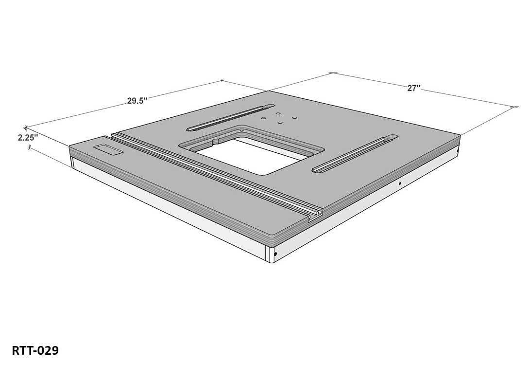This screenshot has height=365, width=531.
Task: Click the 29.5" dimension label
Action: (x=137, y=101)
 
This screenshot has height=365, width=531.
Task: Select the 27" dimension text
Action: (x=413, y=88)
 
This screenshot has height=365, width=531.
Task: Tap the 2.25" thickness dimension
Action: (x=28, y=138)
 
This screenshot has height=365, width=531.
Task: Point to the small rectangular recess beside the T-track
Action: (x=108, y=149)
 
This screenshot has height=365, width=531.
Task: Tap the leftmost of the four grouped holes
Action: (x=263, y=117)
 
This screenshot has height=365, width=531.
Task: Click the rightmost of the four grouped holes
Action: (x=294, y=117)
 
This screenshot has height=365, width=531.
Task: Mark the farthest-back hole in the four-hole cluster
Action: (x=278, y=113)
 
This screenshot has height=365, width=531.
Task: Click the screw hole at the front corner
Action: (x=275, y=254)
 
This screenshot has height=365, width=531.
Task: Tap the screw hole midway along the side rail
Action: (x=399, y=184)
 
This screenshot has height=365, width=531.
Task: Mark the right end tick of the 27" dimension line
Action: (x=514, y=106)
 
